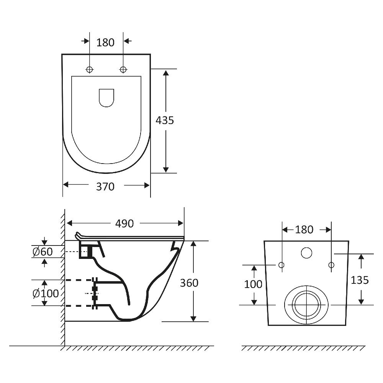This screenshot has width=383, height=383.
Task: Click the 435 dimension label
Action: tap(165, 120)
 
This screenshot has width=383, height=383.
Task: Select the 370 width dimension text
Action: tap(105, 187)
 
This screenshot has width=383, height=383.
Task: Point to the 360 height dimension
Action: tap(189, 283)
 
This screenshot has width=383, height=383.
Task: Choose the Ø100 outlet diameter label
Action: tap(46, 294)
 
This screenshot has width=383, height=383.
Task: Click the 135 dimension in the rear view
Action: tap(360, 280)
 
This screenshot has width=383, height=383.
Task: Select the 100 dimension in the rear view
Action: tap(253, 284)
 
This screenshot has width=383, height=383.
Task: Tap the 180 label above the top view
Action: tap(105, 43)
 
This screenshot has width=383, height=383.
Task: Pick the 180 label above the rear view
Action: tap(304, 229)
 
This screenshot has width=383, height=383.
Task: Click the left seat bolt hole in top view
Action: tap(90, 69)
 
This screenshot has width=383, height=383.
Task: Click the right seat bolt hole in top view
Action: tap(123, 69)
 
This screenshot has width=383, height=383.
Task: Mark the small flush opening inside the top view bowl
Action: tap(106, 98)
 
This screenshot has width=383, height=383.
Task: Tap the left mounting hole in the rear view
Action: tap(282, 265)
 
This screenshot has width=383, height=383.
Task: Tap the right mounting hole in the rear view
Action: tap(331, 265)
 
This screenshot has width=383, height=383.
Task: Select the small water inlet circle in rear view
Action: tap(306, 253)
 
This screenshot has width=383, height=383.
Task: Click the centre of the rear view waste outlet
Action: tap(306, 304)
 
